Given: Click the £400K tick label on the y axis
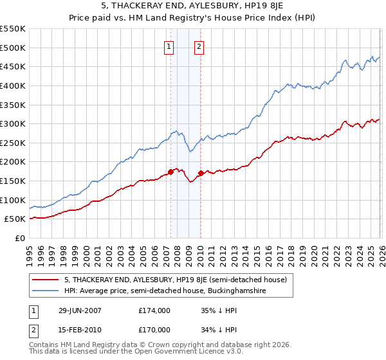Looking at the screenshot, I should pos(13,85).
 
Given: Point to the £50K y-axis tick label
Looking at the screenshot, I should pos(15,219).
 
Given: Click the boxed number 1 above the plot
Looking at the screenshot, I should pos(169,46).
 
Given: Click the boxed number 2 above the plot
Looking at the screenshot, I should pos(199,46).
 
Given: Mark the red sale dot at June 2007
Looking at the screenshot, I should pos(170,172).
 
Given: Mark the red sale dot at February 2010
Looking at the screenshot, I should pos(201,173).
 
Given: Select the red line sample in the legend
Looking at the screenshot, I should pos(45,280).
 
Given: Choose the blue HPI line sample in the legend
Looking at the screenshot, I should pos(45,291).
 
